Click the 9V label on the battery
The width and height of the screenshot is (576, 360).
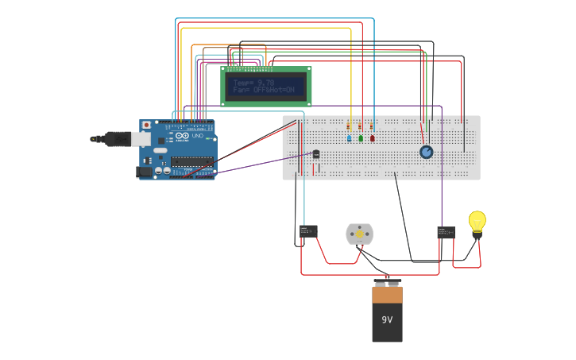pyautogui.click(x=387, y=319)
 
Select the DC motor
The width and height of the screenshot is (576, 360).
pyautogui.click(x=359, y=234)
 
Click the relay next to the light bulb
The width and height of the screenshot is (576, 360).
pyautogui.click(x=446, y=232)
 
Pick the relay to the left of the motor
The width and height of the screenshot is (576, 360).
pyautogui.click(x=308, y=230)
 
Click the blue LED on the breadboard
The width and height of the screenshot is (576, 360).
pyautogui.click(x=349, y=138)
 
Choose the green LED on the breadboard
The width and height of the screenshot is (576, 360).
pyautogui.click(x=361, y=138)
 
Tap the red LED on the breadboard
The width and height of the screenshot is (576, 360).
pyautogui.click(x=372, y=138)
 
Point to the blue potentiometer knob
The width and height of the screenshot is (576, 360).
pyautogui.click(x=427, y=152)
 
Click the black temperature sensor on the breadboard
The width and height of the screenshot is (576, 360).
pyautogui.click(x=315, y=154)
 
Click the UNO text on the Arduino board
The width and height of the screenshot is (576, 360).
pyautogui.click(x=197, y=136)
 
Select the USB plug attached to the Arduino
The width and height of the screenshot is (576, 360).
pyautogui.click(x=119, y=139)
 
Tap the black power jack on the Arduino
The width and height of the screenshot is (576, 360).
pyautogui.click(x=144, y=171)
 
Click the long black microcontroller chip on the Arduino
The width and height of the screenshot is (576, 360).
pyautogui.click(x=191, y=161)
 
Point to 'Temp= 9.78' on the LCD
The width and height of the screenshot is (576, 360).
pyautogui.click(x=253, y=83)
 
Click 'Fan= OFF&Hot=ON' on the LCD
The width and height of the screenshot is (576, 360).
pyautogui.click(x=264, y=90)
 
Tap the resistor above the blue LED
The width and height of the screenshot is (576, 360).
pyautogui.click(x=349, y=126)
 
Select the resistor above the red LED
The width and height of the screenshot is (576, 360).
pyautogui.click(x=371, y=126)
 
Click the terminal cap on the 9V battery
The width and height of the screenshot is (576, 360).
pyautogui.click(x=387, y=283)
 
